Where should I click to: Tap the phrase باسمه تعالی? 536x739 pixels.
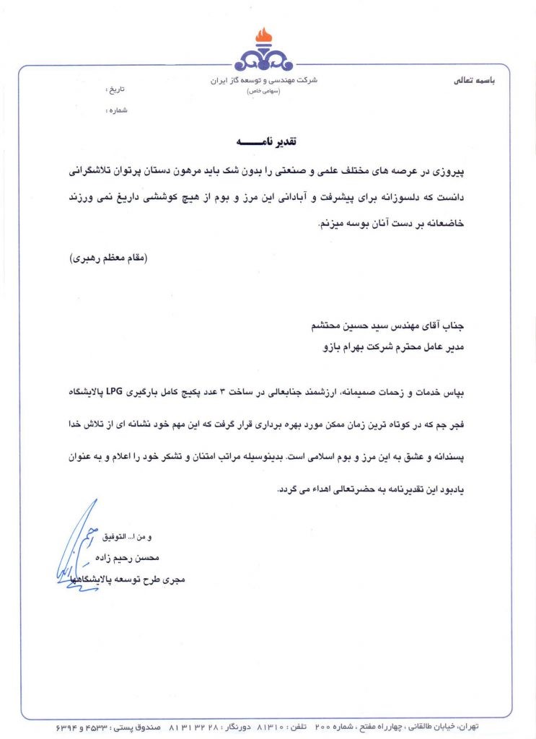point(474,81)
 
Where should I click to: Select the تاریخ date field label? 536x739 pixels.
point(116,90)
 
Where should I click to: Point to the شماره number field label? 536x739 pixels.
point(115,112)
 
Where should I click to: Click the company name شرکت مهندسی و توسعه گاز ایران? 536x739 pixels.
point(267,81)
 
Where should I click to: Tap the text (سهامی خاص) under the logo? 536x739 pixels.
point(267,92)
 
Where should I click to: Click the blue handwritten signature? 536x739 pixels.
point(76,552)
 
